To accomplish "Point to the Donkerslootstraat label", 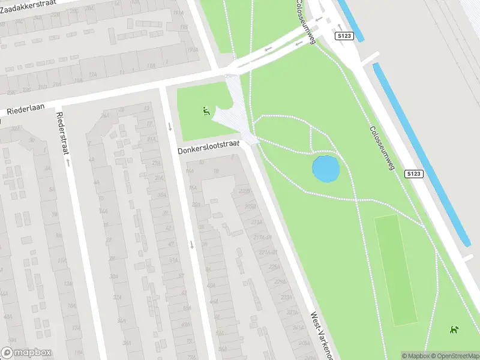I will tap(208, 147).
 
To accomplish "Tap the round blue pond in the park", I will tap(326, 169).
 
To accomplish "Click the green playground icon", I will tap(206, 110).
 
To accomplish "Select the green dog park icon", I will tap(454, 329).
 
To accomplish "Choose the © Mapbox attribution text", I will tap(416, 356).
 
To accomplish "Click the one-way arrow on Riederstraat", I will tap(68, 162).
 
